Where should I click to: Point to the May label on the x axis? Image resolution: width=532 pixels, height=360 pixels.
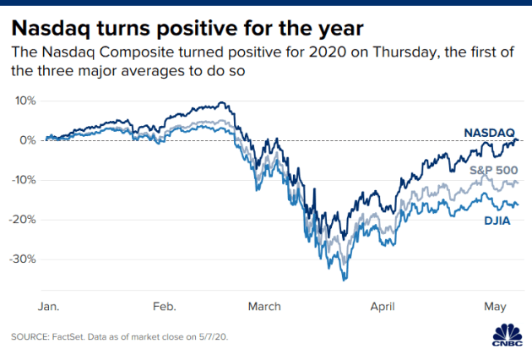tap(495, 305)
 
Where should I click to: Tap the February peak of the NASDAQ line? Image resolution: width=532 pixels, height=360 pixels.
tap(222, 103)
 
